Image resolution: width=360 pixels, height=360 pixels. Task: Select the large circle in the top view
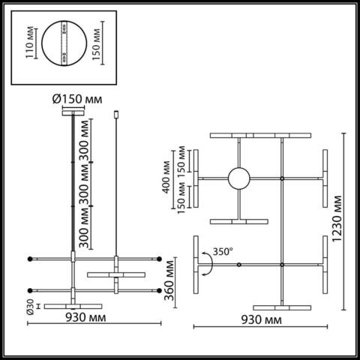point(239,178)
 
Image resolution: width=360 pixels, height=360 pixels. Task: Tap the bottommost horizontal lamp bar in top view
point(282,306)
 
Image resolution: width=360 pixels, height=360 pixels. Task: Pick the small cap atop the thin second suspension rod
point(117,113)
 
